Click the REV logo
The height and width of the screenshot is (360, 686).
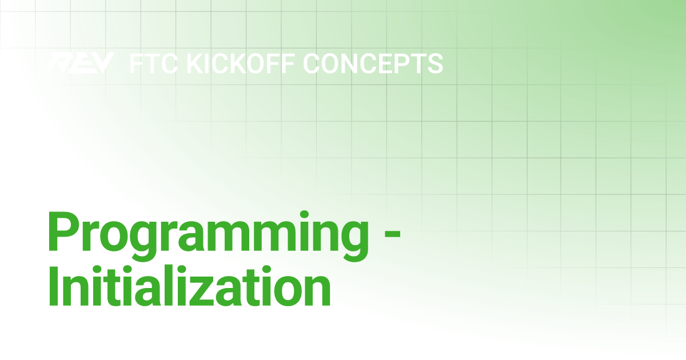pos(81,63)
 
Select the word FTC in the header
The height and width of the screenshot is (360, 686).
pos(153,63)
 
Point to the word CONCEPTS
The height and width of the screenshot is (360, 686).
pos(373,63)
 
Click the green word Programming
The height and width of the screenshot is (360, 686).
pos(208,235)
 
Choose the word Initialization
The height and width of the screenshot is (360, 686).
pos(189,286)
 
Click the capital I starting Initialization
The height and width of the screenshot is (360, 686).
pos(53,286)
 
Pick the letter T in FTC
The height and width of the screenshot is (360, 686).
pos(152,63)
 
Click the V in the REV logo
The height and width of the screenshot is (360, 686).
pos(103,63)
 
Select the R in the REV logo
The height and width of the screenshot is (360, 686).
pos(58,63)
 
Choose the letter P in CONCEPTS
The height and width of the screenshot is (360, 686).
pos(401,63)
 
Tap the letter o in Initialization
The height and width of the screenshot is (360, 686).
pos(287,291)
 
